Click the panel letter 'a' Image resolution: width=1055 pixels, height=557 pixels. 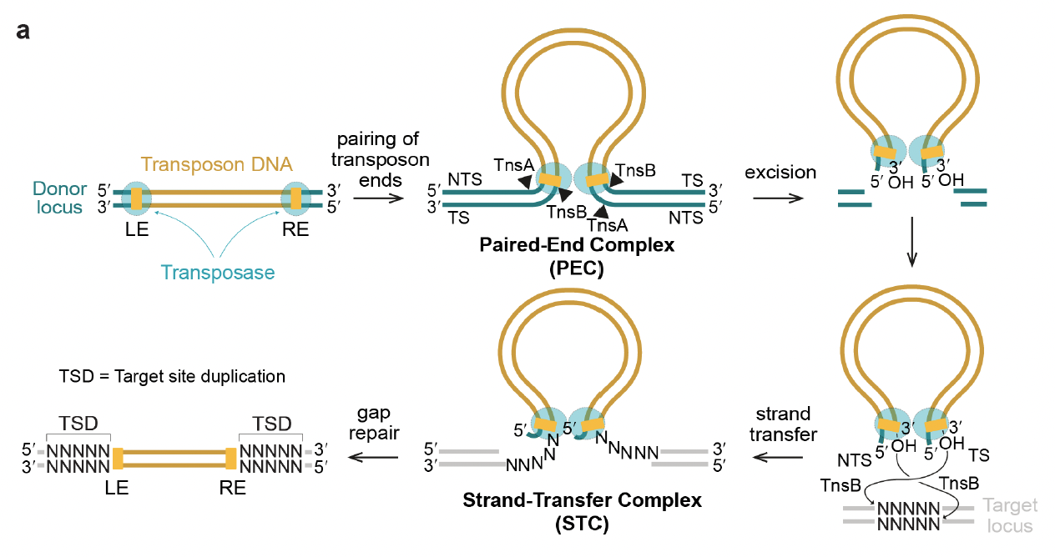tap(23, 31)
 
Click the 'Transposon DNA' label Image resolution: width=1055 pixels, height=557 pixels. tap(217, 164)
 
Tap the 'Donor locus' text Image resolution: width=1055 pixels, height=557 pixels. tap(59, 198)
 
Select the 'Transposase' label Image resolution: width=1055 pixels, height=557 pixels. tap(218, 273)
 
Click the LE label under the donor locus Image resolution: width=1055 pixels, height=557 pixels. tap(137, 229)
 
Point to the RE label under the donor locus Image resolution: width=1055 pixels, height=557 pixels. tap(295, 229)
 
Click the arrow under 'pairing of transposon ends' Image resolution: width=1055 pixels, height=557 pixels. tap(378, 198)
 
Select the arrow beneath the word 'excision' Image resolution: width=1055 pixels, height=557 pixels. tap(778, 198)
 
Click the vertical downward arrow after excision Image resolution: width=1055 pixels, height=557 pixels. tap(911, 242)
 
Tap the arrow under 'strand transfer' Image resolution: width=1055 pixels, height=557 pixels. tap(778, 457)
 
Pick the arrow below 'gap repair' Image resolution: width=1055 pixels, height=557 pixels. tap(373, 457)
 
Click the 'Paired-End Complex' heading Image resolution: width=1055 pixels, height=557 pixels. tap(577, 244)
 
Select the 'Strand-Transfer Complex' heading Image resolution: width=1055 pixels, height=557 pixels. tap(582, 499)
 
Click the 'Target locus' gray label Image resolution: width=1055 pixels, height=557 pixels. tap(1010, 515)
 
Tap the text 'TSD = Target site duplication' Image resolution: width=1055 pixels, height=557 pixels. tap(172, 376)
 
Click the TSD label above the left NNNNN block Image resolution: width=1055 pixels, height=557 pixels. tap(78, 424)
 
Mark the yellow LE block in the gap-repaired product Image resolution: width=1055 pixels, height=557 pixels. tap(118, 459)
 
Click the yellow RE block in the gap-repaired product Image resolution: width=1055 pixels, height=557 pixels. tap(230, 459)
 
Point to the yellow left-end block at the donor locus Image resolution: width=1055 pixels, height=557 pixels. tap(137, 198)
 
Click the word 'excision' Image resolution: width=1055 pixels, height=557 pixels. tap(780, 172)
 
